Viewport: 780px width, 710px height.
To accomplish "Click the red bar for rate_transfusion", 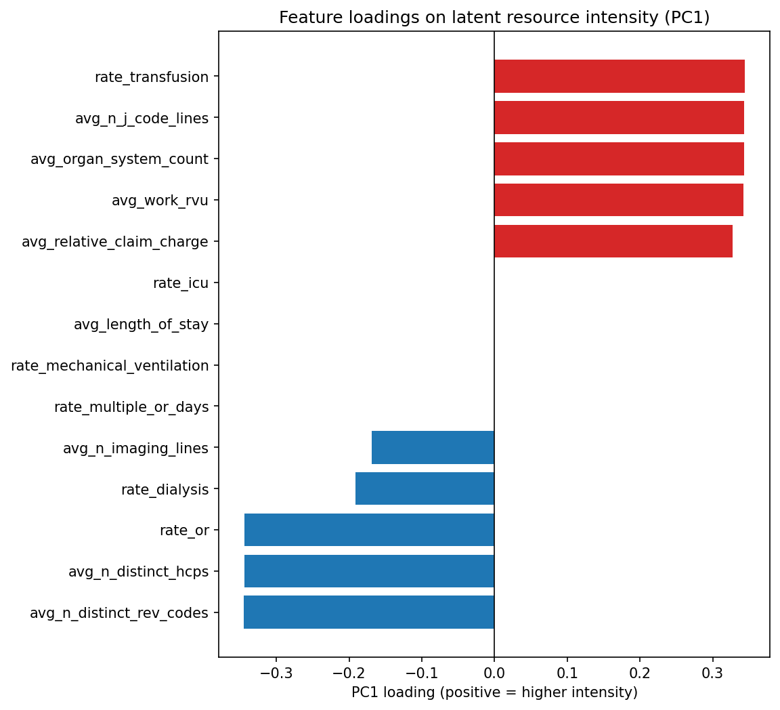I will click(619, 77).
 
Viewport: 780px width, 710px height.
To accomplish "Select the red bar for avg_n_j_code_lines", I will click(619, 118).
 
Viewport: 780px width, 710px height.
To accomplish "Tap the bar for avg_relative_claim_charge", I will click(613, 241).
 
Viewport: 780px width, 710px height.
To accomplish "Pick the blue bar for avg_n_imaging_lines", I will click(433, 448).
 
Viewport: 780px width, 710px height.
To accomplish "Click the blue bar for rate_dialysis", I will click(425, 488).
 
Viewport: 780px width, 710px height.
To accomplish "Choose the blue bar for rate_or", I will click(369, 530).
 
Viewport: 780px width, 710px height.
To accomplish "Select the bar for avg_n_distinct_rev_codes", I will click(369, 612).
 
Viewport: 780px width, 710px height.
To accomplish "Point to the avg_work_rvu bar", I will click(618, 200).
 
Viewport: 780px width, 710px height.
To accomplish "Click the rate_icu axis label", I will click(181, 283).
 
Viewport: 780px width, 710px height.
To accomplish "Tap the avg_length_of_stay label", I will click(141, 325).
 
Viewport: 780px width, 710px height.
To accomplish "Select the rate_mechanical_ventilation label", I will click(110, 366).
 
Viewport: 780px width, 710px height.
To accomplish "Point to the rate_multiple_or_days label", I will click(131, 407).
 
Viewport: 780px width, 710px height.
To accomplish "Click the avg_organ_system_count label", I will click(119, 159).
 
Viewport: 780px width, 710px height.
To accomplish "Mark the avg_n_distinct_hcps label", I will click(138, 572).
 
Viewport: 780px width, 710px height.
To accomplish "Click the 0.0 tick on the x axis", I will click(494, 672).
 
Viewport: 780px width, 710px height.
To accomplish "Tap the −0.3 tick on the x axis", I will click(276, 672).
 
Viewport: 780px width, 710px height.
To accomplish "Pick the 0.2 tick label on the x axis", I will click(640, 672).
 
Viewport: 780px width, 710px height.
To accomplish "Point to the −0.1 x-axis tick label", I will click(421, 672).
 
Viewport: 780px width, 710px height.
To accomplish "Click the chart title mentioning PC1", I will click(494, 18).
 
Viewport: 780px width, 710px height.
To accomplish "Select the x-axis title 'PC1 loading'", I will click(494, 692).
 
